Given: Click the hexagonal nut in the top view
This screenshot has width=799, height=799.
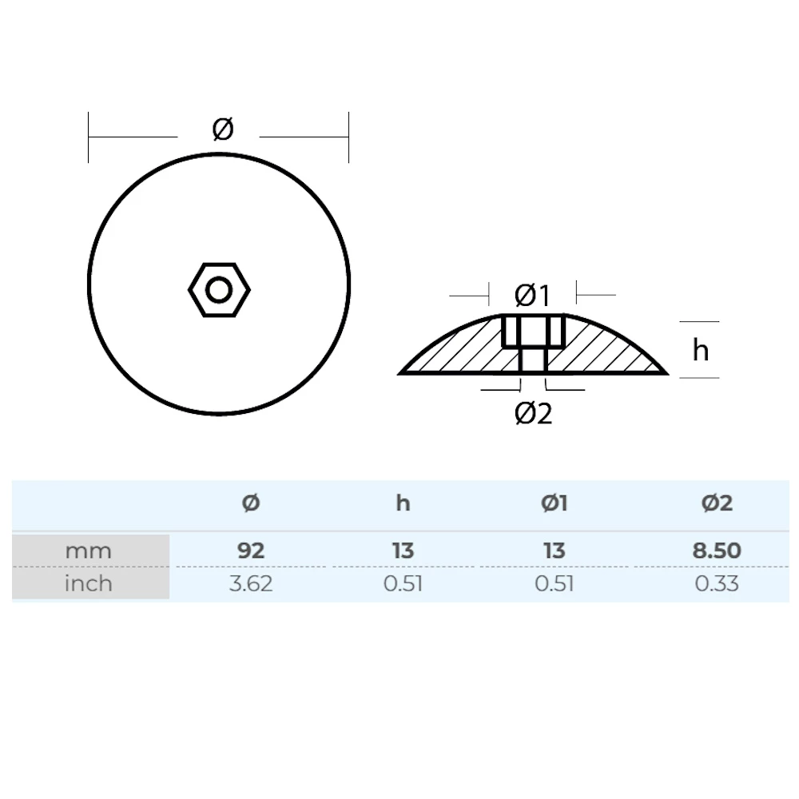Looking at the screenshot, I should (x=219, y=290).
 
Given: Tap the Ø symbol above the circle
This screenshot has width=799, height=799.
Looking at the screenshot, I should (x=223, y=129).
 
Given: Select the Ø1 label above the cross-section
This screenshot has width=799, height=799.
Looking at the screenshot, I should (x=532, y=296).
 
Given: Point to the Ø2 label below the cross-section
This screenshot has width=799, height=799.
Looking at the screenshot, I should (x=534, y=413).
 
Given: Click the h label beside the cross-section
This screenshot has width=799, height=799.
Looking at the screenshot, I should (x=701, y=350).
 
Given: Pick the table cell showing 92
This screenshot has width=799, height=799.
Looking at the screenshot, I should (x=251, y=551).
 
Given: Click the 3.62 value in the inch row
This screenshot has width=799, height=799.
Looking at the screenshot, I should (x=251, y=583).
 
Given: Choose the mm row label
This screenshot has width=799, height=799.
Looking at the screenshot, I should (x=89, y=551).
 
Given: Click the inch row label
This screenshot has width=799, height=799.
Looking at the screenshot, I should (x=89, y=583).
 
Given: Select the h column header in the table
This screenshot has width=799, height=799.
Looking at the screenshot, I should (x=403, y=503).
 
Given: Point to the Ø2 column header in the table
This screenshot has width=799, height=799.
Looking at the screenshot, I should (x=717, y=503).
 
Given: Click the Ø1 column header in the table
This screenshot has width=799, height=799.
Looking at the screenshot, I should (x=554, y=503).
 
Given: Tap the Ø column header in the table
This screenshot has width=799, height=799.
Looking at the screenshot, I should (x=251, y=503).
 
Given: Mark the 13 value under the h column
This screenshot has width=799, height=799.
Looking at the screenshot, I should (x=403, y=551).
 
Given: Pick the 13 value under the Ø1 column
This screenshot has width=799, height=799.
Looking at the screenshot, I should (x=554, y=551).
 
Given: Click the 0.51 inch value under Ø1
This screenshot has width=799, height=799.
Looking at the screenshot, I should (x=554, y=583).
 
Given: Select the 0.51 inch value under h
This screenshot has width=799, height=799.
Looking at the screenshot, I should (x=403, y=583).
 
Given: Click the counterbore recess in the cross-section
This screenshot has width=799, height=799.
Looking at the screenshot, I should (x=533, y=331).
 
